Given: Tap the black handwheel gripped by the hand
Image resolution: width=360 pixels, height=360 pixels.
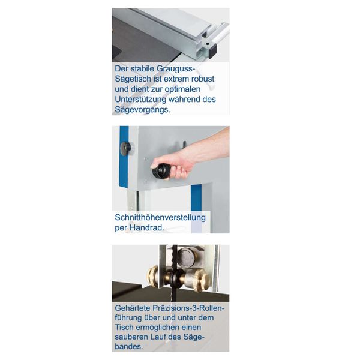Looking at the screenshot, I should coord(160,172).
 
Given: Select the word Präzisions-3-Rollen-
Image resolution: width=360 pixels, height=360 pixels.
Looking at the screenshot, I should coord(192,308).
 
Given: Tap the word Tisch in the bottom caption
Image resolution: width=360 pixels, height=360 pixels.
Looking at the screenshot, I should coord(127,328).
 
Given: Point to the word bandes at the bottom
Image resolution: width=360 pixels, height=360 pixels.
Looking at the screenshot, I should coord(131,347).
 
